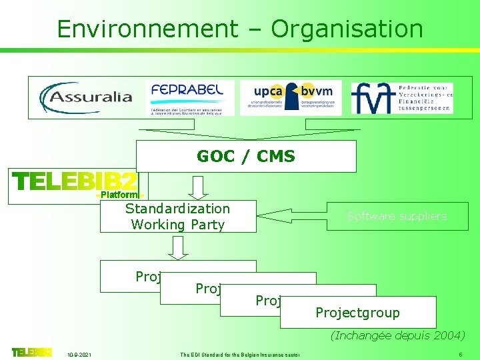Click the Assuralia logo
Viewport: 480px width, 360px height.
coord(87,98)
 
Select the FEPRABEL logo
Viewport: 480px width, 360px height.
coord(189,98)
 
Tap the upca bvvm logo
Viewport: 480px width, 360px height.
coord(290,98)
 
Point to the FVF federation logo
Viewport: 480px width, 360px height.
coord(402,98)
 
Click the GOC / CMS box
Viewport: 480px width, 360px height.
coord(246,156)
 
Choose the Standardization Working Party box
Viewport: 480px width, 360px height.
coord(178,217)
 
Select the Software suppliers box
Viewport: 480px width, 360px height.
coord(397,216)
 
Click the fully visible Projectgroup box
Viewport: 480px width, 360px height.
coord(358,313)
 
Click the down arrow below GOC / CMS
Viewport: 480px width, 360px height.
coord(198,187)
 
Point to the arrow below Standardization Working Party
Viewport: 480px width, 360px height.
coord(178,247)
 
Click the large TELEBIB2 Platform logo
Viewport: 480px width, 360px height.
coord(75,185)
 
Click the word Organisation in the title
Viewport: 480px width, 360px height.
coord(347,29)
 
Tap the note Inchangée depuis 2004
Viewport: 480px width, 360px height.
coord(397,335)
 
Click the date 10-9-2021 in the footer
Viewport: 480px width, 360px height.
coord(80,354)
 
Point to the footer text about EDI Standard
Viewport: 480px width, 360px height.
coord(239,354)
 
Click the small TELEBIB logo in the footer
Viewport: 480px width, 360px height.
coord(31,352)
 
